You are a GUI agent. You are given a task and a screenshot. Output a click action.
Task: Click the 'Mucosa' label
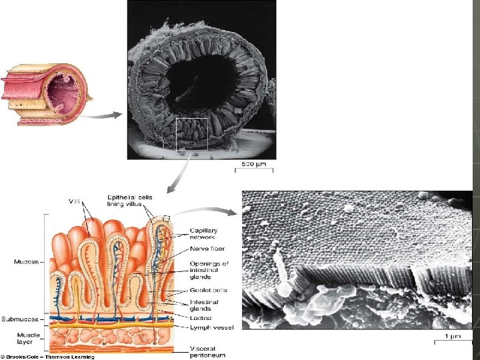[26, 261]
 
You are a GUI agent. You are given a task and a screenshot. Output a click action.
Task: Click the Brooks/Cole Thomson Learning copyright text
[48, 357]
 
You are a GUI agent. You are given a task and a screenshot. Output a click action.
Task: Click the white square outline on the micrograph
[191, 133]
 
